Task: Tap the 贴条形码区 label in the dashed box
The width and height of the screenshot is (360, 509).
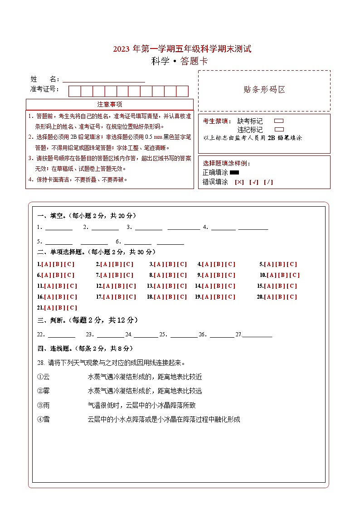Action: coord(264,90)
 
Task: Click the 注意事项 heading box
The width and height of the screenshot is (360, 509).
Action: coord(110,105)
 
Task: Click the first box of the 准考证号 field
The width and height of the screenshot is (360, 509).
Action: coord(74,91)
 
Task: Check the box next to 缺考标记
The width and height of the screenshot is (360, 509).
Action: coord(279,121)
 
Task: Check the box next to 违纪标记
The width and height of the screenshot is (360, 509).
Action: coord(279,130)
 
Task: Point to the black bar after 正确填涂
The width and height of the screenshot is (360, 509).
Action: coord(234,173)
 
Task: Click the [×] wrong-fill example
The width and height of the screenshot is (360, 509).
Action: coord(239,182)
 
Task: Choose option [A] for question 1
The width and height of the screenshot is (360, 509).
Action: coord(46,264)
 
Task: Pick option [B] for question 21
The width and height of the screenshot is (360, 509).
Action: coord(59,308)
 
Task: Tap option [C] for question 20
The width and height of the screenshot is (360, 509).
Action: coord(292,297)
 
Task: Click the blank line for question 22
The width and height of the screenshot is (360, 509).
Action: coord(62,335)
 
